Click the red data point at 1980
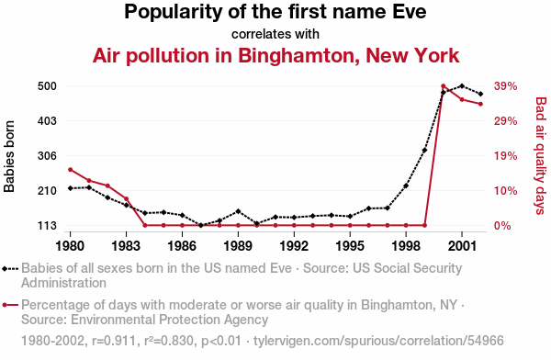point(71,170)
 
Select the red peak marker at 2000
point(444,86)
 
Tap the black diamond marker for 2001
point(462,85)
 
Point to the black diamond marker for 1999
point(424,150)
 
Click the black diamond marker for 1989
point(238,211)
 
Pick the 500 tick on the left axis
point(47,86)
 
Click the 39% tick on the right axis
point(505,86)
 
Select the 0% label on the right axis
point(502,226)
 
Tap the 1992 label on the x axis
point(294,246)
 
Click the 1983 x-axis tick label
point(126,246)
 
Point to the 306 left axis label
point(47,156)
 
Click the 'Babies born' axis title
point(9,156)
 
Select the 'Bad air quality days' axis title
point(541,156)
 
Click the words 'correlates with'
point(275,34)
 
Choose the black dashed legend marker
point(10,268)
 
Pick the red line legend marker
point(10,305)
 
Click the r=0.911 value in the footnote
point(114,341)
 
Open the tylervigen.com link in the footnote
point(378,341)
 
